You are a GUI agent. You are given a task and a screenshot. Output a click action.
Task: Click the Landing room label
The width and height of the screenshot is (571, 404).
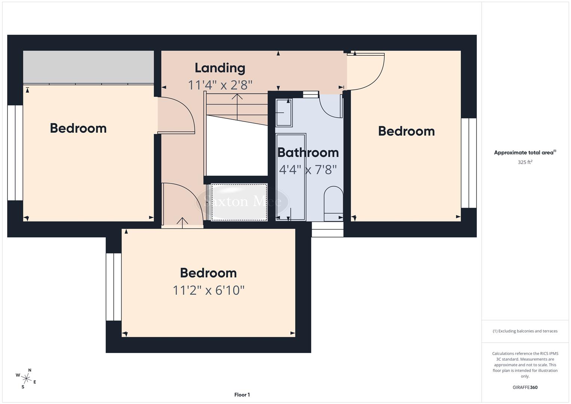pyautogui.click(x=220, y=68)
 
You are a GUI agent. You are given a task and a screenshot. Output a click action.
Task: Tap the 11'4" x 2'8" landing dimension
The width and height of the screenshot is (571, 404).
pyautogui.click(x=220, y=85)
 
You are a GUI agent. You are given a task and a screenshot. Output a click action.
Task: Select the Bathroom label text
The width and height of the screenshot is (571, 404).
pyautogui.click(x=308, y=153)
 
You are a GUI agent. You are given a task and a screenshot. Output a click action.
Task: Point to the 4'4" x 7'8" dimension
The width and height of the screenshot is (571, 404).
pyautogui.click(x=308, y=170)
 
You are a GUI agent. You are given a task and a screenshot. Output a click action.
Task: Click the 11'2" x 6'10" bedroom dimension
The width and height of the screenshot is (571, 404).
pyautogui.click(x=208, y=290)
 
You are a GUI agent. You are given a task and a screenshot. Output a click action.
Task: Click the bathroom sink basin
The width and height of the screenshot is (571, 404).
pyautogui.click(x=284, y=112)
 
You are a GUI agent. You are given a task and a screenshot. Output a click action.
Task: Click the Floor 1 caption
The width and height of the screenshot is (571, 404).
pyautogui.click(x=242, y=395)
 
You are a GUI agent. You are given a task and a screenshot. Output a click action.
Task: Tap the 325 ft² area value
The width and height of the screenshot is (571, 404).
pyautogui.click(x=525, y=162)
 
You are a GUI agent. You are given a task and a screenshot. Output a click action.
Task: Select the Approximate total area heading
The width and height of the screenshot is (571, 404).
pyautogui.click(x=525, y=152)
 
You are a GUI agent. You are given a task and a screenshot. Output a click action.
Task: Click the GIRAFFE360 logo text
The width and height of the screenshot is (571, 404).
pyautogui.click(x=525, y=388)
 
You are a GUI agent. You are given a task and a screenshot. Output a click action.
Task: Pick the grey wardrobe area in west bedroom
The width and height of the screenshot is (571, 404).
pyautogui.click(x=88, y=67)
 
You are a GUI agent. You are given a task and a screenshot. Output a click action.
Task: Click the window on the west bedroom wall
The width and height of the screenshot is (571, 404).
pyautogui.click(x=15, y=153)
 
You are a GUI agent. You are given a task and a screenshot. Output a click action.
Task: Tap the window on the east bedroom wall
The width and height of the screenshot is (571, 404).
pyautogui.click(x=469, y=163)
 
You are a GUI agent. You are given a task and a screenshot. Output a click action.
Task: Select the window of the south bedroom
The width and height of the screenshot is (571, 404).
pyautogui.click(x=114, y=287)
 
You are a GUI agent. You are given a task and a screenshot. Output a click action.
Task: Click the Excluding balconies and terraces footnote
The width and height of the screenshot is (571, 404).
pyautogui.click(x=525, y=331)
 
